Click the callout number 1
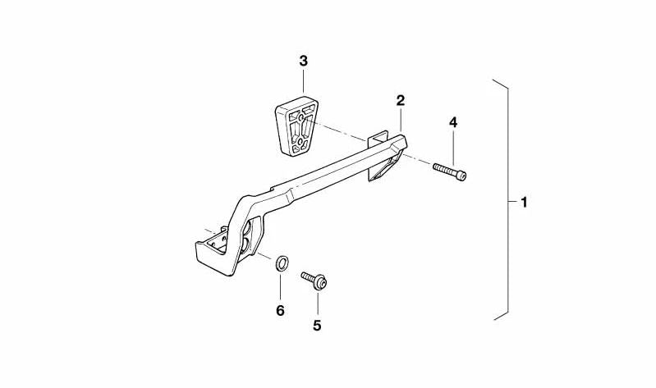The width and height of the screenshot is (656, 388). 524,203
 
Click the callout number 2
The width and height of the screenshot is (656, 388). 401,100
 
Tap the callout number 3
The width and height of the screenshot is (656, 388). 303,61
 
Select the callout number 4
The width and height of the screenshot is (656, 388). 453,122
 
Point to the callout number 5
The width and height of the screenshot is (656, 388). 317,325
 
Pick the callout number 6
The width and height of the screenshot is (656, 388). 280,310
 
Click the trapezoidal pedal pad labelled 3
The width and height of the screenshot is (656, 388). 296,126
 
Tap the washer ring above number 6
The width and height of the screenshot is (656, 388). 282,264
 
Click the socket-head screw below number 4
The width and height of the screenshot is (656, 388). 450,171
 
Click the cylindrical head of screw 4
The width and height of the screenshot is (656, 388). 461,176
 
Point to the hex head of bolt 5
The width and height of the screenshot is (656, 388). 320,283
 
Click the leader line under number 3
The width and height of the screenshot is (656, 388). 303,81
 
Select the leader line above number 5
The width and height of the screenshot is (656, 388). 318,304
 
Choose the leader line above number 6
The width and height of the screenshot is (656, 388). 280,287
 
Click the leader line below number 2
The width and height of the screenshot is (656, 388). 401,121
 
